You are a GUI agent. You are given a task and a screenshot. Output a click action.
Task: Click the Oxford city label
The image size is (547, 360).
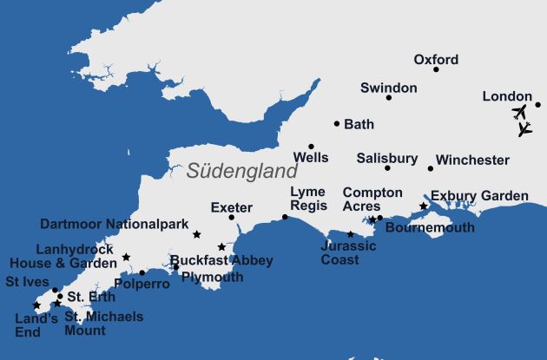(435, 60)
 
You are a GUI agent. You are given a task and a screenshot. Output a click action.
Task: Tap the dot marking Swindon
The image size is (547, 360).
(388, 97)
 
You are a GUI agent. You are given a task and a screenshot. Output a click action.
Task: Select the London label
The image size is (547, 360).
(506, 97)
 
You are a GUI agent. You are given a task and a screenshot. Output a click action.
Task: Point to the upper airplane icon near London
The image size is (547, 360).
(519, 112)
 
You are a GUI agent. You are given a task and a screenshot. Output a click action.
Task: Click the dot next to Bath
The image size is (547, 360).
(337, 124)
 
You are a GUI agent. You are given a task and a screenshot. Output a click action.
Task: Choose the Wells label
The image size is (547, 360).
(311, 158)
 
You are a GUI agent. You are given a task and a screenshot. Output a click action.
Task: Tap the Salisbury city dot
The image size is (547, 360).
(387, 167)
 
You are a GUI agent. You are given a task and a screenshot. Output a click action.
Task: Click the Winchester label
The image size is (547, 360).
(472, 160)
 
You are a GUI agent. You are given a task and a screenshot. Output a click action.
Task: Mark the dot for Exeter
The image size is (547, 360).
(231, 217)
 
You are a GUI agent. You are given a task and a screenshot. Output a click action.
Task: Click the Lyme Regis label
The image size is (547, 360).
(308, 199)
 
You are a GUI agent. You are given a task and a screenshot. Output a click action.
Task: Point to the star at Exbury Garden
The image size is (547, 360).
(424, 206)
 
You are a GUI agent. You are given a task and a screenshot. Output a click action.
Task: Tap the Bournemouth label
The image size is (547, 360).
(429, 228)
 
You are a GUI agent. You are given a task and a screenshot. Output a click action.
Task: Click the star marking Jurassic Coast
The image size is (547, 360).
(351, 234)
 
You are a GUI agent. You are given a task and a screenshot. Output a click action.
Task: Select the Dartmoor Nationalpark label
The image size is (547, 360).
(115, 224)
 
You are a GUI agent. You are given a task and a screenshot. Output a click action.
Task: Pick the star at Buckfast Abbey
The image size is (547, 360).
(221, 247)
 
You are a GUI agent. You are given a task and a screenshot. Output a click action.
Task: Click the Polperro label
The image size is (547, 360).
(142, 285)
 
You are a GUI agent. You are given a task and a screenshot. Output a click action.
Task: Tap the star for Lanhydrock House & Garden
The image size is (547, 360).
(126, 257)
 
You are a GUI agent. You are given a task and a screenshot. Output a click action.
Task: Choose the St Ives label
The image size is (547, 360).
(26, 282)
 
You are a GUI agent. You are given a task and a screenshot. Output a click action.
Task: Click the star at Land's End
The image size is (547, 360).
(36, 305)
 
